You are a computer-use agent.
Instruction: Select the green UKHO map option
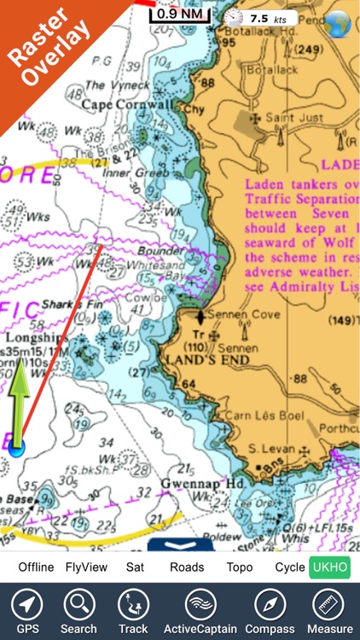click(329, 567)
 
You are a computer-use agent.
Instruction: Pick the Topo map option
click(240, 567)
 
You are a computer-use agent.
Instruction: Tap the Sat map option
click(136, 567)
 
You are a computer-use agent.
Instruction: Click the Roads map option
click(187, 567)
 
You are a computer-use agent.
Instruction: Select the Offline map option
click(36, 567)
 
